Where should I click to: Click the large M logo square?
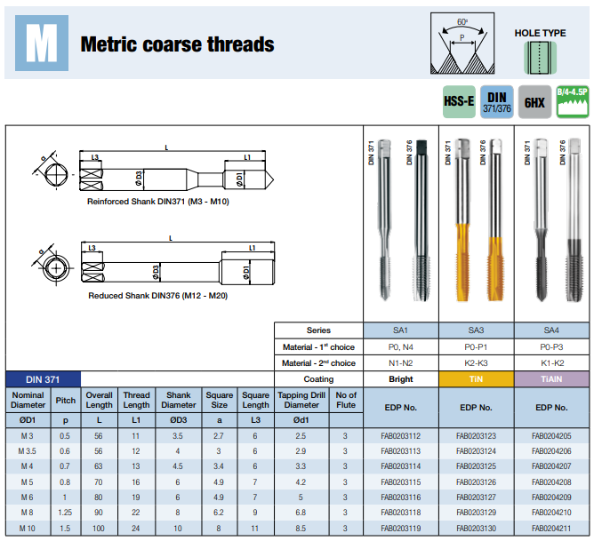[x=42, y=44]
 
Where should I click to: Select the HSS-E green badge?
[x=459, y=102]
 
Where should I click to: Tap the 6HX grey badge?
[x=534, y=102]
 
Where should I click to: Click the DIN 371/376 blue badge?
[x=497, y=102]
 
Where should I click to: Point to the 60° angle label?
[x=462, y=22]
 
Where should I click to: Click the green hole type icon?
[x=541, y=58]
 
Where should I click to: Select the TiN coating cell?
[x=477, y=379]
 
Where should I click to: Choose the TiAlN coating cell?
[x=551, y=379]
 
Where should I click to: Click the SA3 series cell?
[x=477, y=330]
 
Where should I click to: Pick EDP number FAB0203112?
[x=401, y=436]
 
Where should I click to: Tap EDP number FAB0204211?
[x=551, y=529]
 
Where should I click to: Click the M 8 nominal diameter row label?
[x=28, y=513]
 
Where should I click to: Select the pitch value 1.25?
[x=65, y=513]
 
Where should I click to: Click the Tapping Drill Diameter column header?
[x=301, y=400]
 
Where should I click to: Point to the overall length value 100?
[x=99, y=529]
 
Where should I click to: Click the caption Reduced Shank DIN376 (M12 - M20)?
[x=158, y=296]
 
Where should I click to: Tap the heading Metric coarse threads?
[x=177, y=44]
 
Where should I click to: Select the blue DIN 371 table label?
[x=43, y=379]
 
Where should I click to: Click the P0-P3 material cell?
[x=551, y=347]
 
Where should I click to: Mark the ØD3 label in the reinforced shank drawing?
[x=139, y=179]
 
